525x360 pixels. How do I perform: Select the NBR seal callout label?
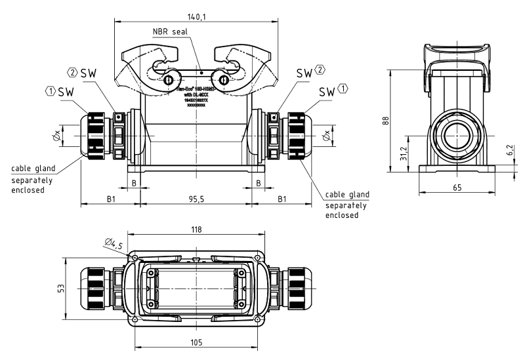coord(170,31)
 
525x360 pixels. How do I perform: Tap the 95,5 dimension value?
coord(196,198)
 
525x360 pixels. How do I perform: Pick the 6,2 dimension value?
coord(510,152)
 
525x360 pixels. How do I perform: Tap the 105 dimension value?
coord(197,342)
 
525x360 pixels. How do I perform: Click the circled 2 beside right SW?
coord(320,70)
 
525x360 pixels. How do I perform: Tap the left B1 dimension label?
coord(110,198)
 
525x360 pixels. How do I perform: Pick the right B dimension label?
coord(259,182)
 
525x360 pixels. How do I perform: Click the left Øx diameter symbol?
coord(58,137)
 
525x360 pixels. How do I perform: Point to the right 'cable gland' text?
coord(347,195)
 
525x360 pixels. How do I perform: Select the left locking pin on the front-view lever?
coord(169,80)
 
